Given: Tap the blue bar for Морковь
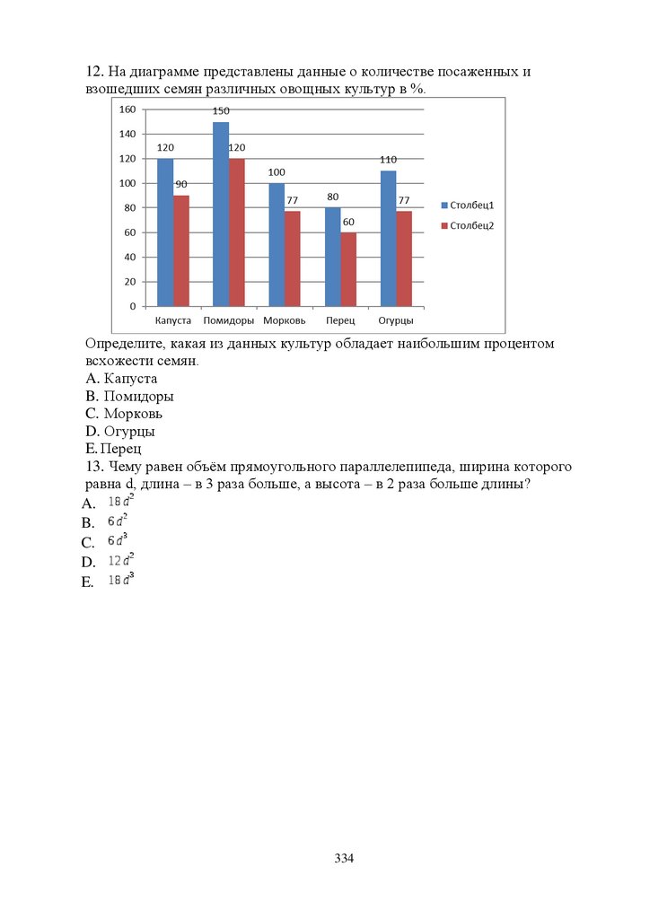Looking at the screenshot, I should tap(276, 244).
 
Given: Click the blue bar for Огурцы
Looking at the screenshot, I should tap(388, 238).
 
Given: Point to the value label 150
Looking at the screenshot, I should tap(221, 111).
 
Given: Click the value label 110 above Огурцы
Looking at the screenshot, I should tap(388, 160).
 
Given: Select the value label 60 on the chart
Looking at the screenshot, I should tap(349, 222).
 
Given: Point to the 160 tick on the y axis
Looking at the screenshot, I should tap(127, 109).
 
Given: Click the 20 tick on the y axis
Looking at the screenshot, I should tap(129, 282).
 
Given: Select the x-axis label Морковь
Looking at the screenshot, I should tap(285, 320).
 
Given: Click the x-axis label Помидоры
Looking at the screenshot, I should tap(229, 320).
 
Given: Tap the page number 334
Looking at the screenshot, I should tap(345, 859).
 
